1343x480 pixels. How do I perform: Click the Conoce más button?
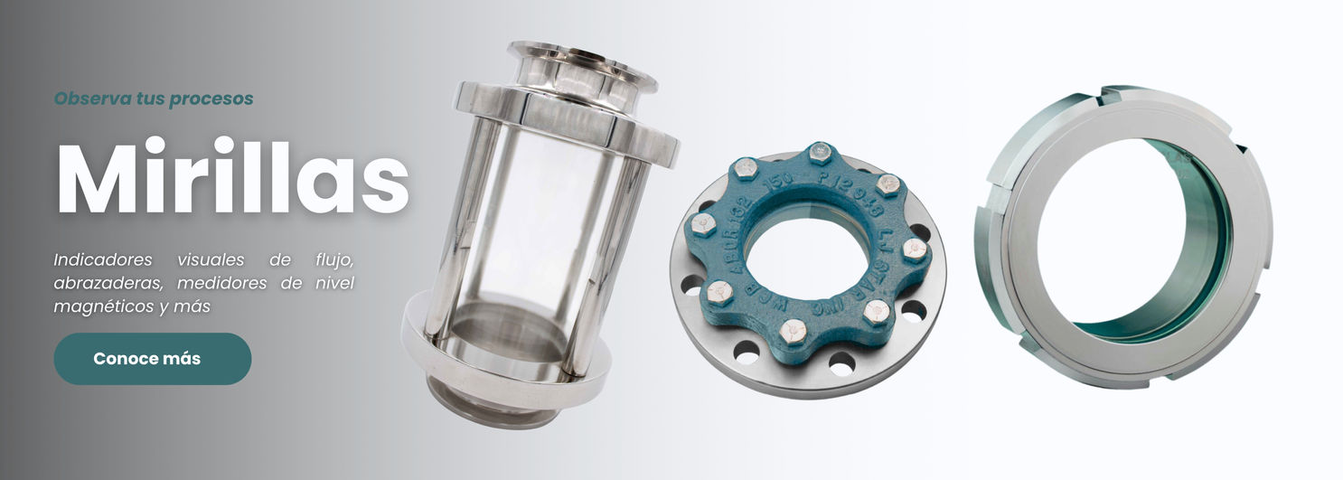point(153,359)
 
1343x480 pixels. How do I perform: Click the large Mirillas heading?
point(233,176)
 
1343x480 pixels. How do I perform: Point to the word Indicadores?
point(102,259)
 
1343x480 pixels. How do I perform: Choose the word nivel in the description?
point(335,283)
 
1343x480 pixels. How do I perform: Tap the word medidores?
point(221,283)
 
